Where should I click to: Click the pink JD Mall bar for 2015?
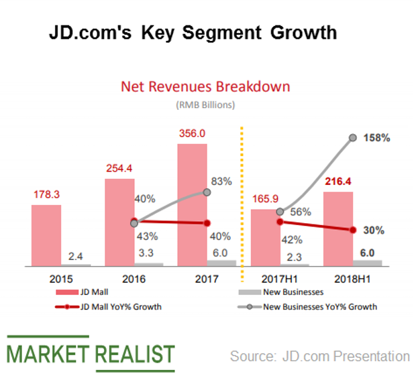[x=46, y=235]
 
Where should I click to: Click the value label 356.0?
[x=192, y=134]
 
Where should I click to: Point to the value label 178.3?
[x=46, y=194]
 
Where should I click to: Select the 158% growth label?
[x=376, y=138]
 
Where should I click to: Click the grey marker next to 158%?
[x=353, y=138]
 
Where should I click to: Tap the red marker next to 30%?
[x=353, y=230]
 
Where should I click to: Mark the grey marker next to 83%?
[x=207, y=192]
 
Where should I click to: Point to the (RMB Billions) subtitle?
[x=205, y=105]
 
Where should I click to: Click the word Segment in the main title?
[x=216, y=32]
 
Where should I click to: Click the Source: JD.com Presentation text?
[x=319, y=356]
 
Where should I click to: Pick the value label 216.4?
[x=338, y=182]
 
